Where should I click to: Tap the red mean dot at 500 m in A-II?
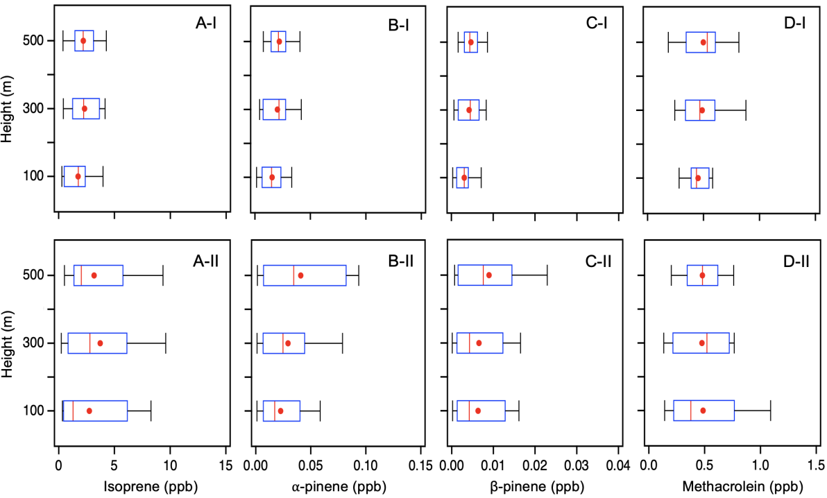94,275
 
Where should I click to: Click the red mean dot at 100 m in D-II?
703,411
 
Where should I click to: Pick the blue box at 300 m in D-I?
700,110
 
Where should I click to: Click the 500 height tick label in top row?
35,41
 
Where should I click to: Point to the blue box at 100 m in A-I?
74,176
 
